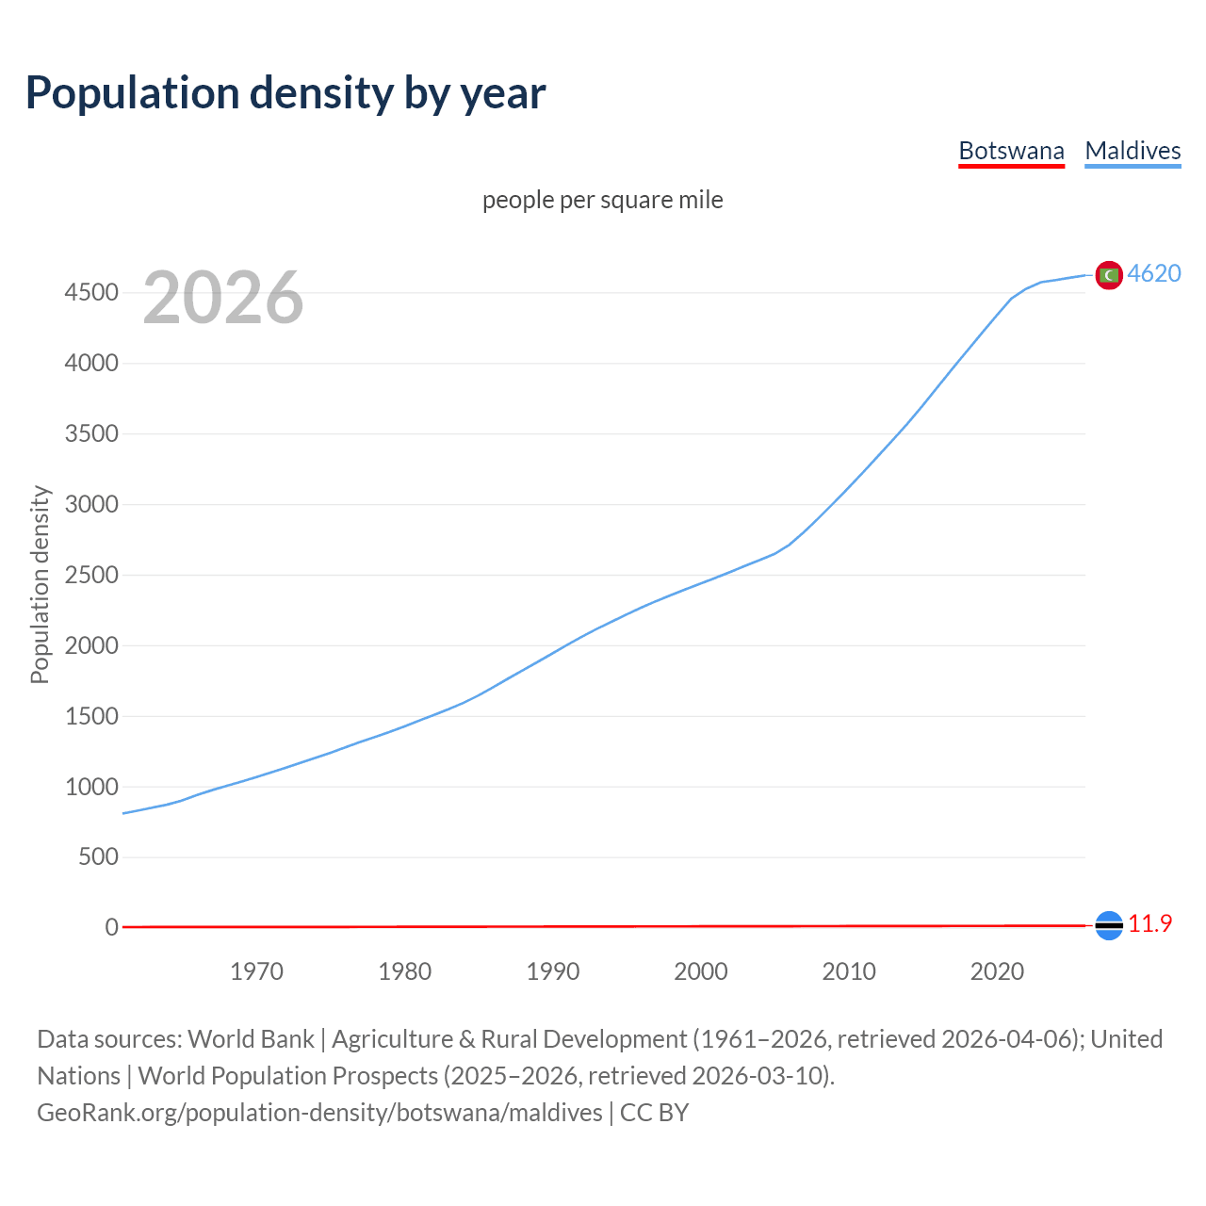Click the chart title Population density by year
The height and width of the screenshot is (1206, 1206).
point(285,93)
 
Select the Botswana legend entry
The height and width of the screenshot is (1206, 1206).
point(1011,151)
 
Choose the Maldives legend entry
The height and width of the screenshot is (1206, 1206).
point(1133,151)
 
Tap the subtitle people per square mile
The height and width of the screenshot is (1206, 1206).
point(603,200)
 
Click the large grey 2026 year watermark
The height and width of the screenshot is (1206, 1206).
point(223,298)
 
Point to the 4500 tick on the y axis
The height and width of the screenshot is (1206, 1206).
point(91,293)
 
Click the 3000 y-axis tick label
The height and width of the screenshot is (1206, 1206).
point(91,504)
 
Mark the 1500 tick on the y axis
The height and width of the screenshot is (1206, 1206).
point(91,716)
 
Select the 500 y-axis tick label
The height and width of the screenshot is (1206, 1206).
point(98,856)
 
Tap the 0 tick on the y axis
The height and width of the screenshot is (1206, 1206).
point(112,927)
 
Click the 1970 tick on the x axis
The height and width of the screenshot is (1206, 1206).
point(256,971)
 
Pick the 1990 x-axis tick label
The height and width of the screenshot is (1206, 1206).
point(553,971)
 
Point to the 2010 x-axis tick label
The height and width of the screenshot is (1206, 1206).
point(849,971)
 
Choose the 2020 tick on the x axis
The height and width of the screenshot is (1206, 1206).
point(997,971)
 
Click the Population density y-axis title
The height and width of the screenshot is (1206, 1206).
point(40,584)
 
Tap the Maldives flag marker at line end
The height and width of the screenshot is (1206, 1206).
point(1109,275)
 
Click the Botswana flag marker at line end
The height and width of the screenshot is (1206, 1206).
point(1109,926)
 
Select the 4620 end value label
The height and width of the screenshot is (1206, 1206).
point(1154,273)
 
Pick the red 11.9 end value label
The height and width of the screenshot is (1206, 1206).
point(1149,924)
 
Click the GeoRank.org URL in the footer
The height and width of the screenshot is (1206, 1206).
point(319,1113)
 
